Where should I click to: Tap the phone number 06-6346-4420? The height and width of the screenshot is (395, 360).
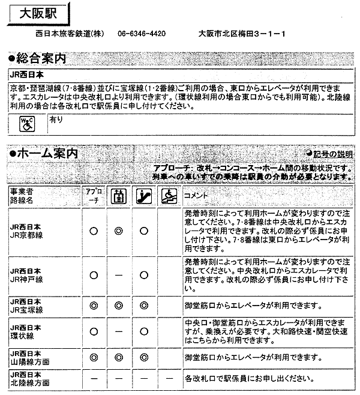click(142, 34)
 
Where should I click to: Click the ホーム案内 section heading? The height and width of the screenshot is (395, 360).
click(44, 154)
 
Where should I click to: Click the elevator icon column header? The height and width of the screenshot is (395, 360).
click(118, 196)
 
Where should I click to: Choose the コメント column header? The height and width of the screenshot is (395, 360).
click(195, 196)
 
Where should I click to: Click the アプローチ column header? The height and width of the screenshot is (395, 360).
click(94, 196)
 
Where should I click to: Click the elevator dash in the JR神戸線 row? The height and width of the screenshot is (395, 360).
click(118, 275)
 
